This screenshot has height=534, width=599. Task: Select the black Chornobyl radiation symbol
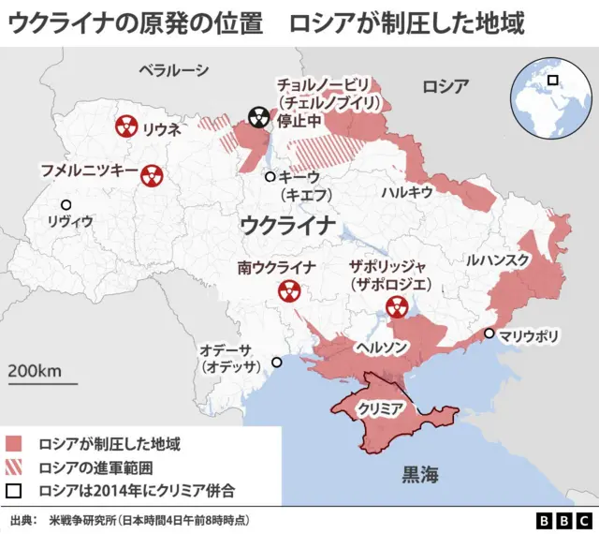[x=258, y=118]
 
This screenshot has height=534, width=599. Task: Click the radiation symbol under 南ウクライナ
[x=287, y=291]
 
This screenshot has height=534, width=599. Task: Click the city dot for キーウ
[x=270, y=176]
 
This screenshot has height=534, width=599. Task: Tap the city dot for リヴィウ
[x=66, y=205]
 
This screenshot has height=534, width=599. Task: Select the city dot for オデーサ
[x=276, y=362]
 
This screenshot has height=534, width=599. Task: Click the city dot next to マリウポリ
[x=489, y=334]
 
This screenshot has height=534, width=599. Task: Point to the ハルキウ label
[x=406, y=191]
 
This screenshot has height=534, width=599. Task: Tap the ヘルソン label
[x=380, y=347]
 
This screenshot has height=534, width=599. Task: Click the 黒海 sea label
[x=418, y=474]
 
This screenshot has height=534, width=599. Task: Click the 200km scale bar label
[x=36, y=370]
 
